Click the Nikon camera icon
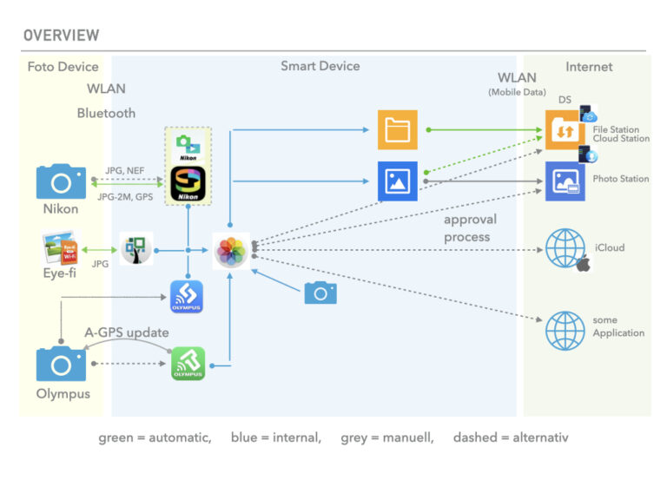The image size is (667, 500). click(61, 181)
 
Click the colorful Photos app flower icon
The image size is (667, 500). click(232, 251)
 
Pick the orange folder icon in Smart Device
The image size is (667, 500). click(399, 130)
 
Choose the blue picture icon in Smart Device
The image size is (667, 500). click(399, 181)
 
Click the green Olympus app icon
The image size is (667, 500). click(188, 364)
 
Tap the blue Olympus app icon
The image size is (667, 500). click(187, 297)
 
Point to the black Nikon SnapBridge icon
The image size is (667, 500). click(188, 186)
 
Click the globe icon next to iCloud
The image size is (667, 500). click(565, 248)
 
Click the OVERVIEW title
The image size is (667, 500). click(61, 36)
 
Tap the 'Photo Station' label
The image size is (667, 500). click(621, 179)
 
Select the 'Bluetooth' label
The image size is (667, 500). click(106, 113)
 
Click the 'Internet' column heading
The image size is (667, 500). click(589, 67)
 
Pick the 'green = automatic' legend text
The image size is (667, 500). click(155, 437)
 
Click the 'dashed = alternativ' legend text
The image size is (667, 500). click(511, 437)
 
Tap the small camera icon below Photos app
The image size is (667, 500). click(320, 293)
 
